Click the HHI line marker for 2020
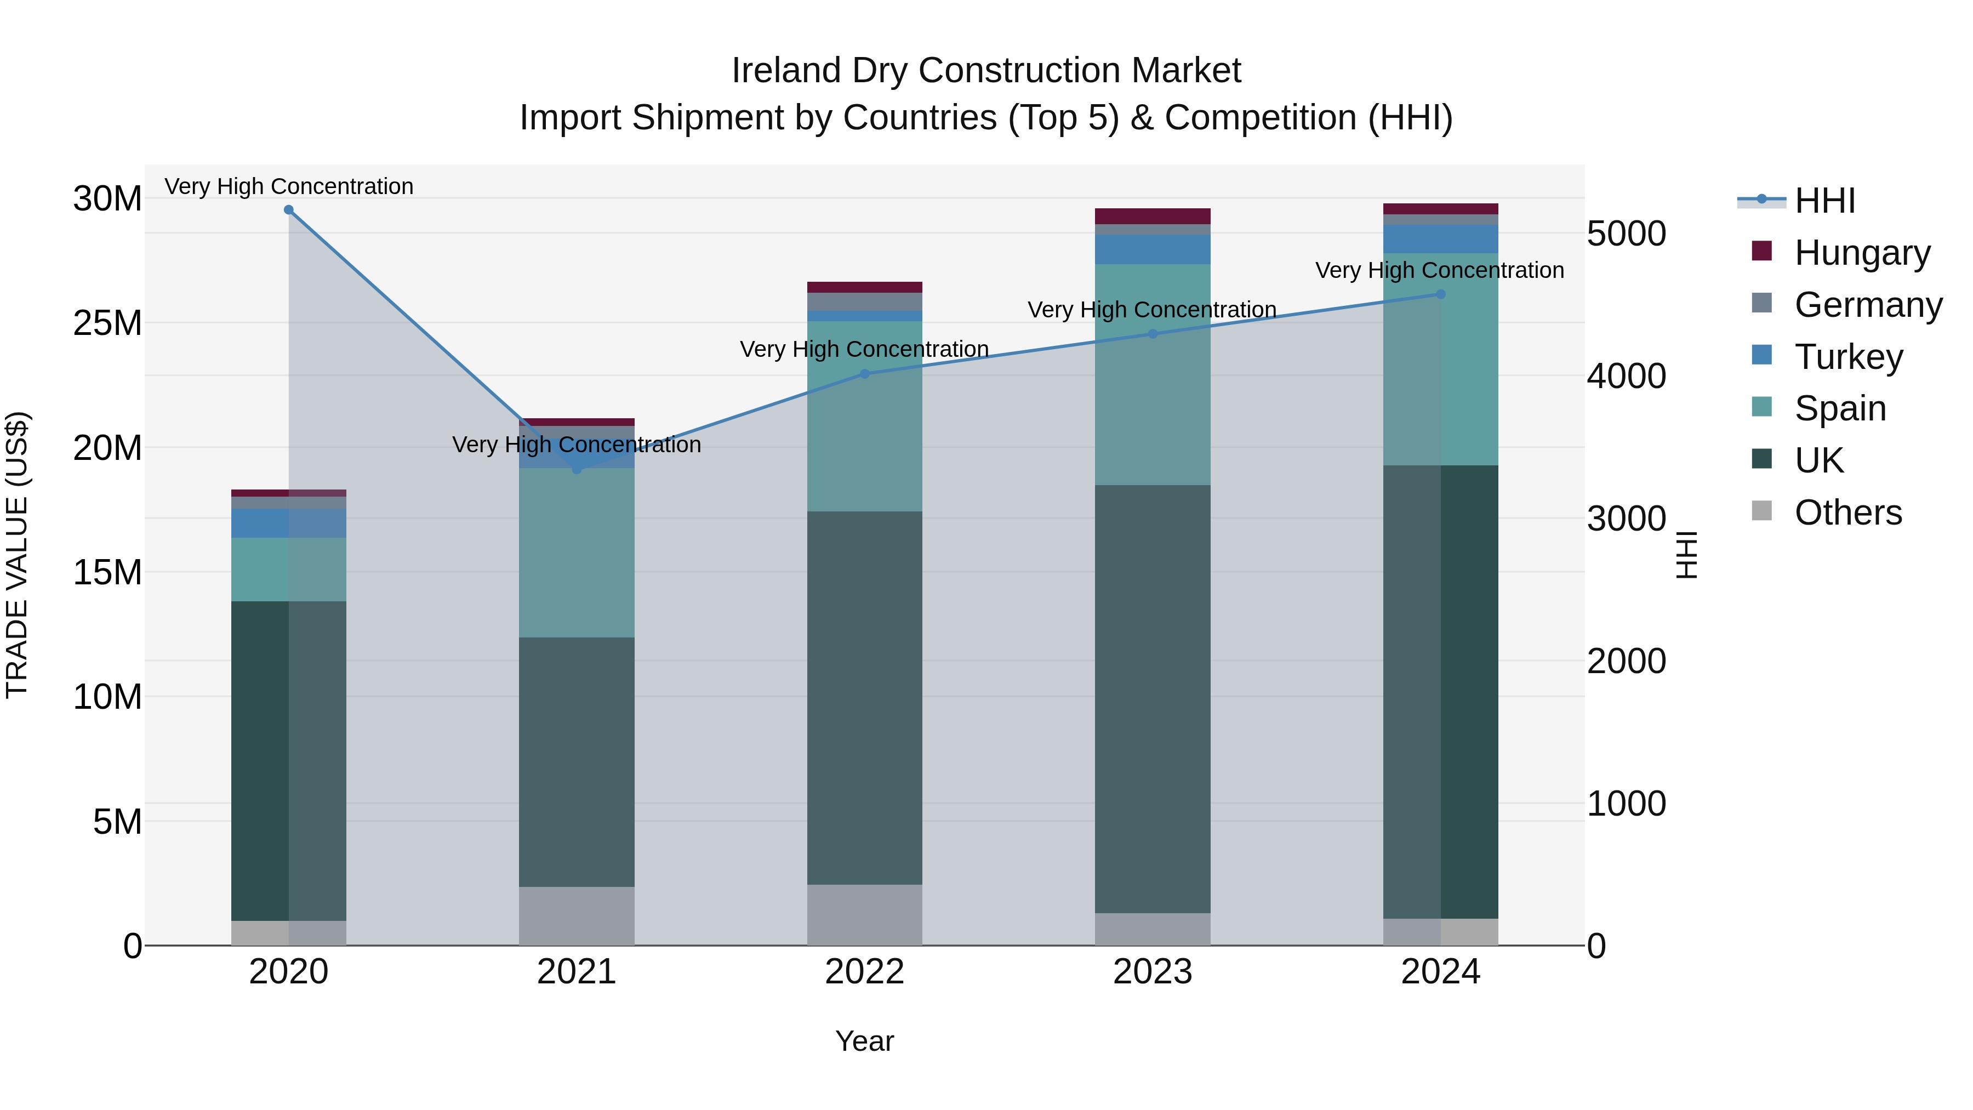tap(289, 210)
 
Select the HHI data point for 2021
tap(577, 469)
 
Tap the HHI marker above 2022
tap(865, 374)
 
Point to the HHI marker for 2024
tap(1441, 294)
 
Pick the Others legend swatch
tap(1761, 511)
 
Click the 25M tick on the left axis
tap(107, 323)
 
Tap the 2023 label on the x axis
tap(1153, 972)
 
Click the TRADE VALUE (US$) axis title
tap(18, 555)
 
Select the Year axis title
tap(865, 1041)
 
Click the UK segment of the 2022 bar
tap(865, 697)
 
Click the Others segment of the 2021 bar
tap(577, 915)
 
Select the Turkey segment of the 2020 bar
tap(289, 523)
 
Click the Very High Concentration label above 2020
tap(289, 186)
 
